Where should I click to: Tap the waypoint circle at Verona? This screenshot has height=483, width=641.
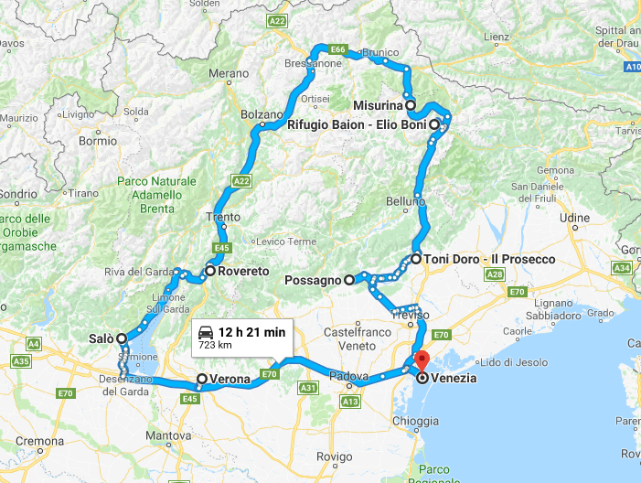[x=202, y=379]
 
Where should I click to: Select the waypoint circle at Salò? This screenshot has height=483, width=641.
[x=121, y=338]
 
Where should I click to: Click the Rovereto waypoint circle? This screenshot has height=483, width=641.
[x=209, y=271]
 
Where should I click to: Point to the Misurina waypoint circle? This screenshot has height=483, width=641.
[x=411, y=105]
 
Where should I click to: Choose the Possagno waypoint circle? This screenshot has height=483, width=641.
[x=348, y=280]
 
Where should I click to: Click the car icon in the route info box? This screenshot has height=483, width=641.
[x=206, y=333]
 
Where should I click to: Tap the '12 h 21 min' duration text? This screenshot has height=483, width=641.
[x=250, y=332]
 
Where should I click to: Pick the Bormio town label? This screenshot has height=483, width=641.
[x=99, y=142]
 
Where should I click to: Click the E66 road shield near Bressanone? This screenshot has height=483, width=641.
[x=337, y=49]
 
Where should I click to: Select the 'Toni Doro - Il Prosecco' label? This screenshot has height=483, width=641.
[x=489, y=259]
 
